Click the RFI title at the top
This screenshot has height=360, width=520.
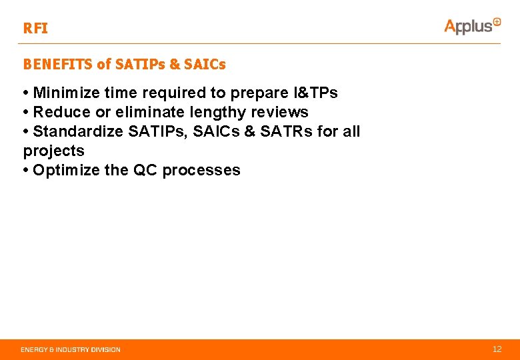tap(35, 29)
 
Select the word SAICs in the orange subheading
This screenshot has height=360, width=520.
tap(205, 65)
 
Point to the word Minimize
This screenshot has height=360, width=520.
tap(64, 92)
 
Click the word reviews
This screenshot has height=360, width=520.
tap(280, 111)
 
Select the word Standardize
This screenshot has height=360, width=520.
tap(77, 131)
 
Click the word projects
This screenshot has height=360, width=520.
tap(54, 151)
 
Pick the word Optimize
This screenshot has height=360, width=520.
tap(66, 170)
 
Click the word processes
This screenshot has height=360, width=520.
tap(201, 170)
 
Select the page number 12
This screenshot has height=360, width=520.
tap(497, 349)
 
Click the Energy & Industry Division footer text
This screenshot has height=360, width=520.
tap(71, 349)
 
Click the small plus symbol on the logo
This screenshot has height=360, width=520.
tap(497, 21)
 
